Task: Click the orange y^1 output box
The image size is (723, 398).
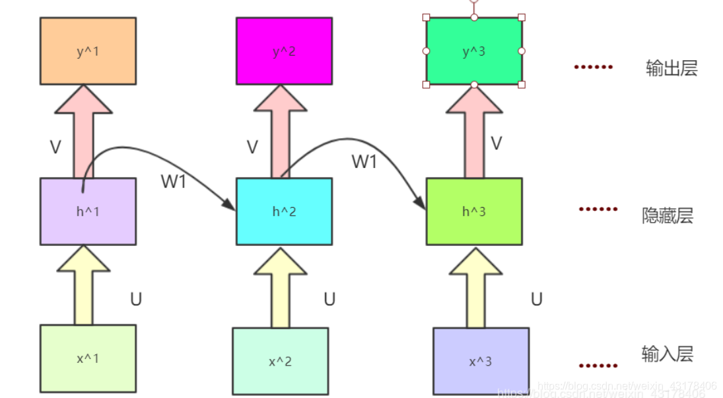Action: coord(88,51)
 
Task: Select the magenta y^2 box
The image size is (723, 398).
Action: coord(284,51)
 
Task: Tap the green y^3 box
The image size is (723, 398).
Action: coord(473,51)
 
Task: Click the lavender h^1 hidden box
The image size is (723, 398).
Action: coord(88,211)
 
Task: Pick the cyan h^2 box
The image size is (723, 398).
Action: coord(284,211)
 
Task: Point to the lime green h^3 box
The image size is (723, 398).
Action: coord(473,211)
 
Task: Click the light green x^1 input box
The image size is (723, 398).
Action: coord(88,358)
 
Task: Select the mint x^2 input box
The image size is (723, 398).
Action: coord(280,361)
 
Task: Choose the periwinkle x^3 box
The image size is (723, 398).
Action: coord(481,361)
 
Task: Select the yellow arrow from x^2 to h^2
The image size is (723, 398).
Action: coord(280,288)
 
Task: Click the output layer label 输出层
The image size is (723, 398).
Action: coord(671,68)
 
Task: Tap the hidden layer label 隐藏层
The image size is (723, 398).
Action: coord(668,216)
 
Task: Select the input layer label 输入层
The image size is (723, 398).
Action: coord(668,354)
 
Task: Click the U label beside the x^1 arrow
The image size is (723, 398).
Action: coord(135,299)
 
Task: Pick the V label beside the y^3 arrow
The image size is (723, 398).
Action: coord(497,143)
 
